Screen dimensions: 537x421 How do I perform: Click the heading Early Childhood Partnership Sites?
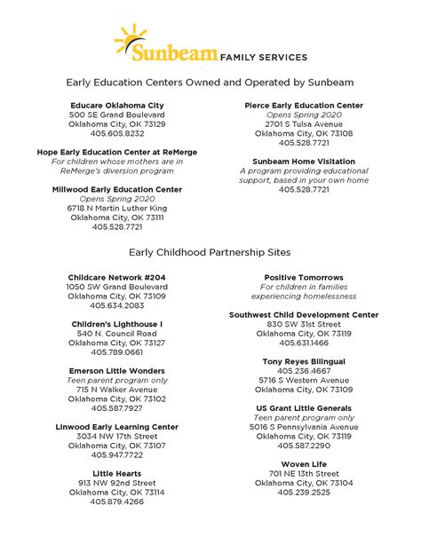[210, 252]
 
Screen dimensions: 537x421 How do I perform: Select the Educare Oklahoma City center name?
[116, 106]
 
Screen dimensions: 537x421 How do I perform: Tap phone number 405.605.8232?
[116, 134]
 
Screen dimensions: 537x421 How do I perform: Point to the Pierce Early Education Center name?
[304, 106]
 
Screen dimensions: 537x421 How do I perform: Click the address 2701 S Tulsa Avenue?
[304, 124]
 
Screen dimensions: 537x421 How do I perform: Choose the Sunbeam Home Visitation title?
[304, 162]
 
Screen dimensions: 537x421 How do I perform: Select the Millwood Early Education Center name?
[116, 190]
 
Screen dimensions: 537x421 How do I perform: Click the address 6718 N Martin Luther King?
[116, 209]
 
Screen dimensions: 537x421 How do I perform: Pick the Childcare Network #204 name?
[116, 278]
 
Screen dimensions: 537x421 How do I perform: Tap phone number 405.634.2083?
[116, 305]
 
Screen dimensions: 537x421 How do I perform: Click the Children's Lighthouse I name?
[116, 324]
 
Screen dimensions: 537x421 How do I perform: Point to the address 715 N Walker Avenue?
[116, 390]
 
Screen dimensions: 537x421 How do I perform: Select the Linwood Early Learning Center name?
[116, 427]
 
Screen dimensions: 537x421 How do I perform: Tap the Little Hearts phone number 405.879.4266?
[116, 501]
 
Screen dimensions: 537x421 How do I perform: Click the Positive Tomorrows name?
[304, 278]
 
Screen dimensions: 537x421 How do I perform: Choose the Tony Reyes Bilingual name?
[304, 361]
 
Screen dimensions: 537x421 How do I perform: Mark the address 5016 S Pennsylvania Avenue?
[304, 427]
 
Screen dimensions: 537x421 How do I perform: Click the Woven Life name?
[304, 464]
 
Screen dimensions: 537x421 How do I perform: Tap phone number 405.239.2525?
[304, 492]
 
